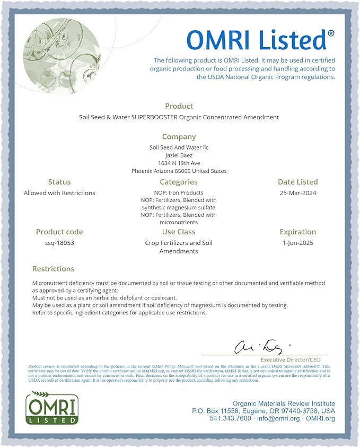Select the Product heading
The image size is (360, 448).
tap(179, 106)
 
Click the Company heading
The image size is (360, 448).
tap(179, 137)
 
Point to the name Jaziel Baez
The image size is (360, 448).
tap(179, 155)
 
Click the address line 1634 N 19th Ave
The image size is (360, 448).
tap(179, 163)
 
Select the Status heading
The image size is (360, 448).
tap(59, 182)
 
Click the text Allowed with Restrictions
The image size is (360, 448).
tap(59, 193)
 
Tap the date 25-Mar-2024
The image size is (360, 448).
tap(298, 193)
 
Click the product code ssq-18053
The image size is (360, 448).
tap(59, 243)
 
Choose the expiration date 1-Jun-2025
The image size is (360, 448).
tap(298, 243)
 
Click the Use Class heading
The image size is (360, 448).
tap(179, 232)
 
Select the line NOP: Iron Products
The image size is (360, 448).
tap(179, 193)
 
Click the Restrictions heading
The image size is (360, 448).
tap(53, 269)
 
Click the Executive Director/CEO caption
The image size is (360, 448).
tap(291, 359)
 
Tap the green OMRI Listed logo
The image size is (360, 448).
tap(52, 408)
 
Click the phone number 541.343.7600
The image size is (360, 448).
tap(230, 418)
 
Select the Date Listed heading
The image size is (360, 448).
tap(298, 182)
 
